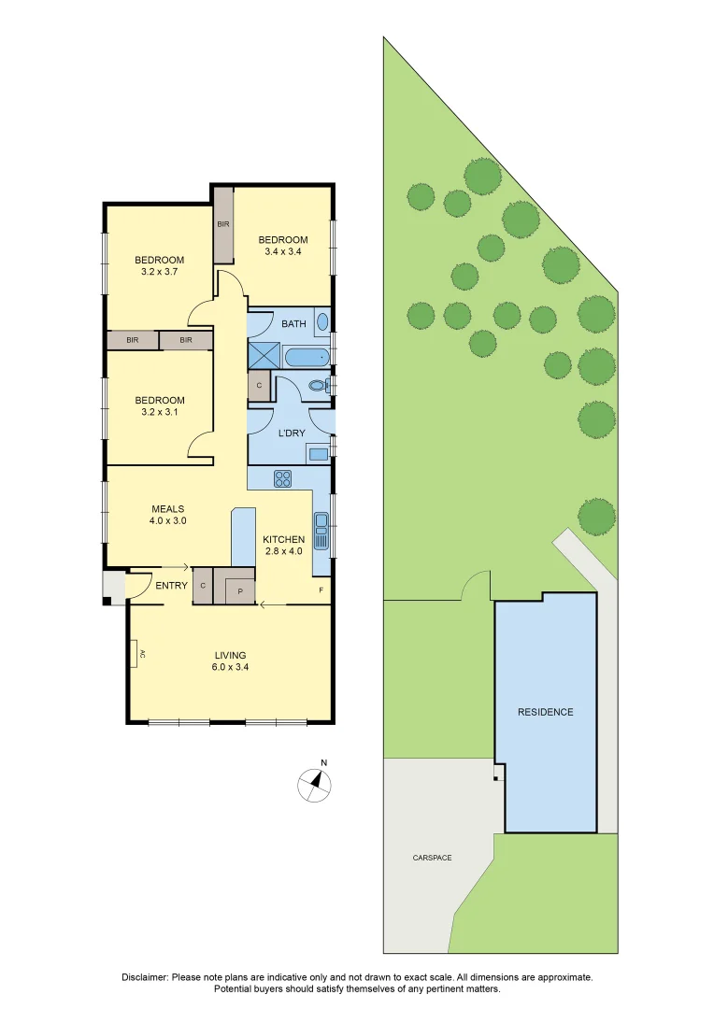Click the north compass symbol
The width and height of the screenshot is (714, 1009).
315,784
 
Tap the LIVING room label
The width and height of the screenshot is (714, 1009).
230,655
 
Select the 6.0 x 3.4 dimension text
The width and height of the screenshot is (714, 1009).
230,667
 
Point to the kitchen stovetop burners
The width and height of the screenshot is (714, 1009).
282,478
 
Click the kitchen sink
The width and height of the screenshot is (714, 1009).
321,531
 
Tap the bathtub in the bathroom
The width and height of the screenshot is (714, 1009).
305,356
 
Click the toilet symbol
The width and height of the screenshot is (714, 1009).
318,385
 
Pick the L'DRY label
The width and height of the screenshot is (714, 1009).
293,433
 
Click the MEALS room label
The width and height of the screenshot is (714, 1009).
168,509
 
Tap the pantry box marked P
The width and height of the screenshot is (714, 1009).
239,590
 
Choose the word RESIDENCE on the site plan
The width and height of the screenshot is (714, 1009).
546,712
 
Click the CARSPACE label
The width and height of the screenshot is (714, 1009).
432,857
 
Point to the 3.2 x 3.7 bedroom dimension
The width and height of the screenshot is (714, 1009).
159,272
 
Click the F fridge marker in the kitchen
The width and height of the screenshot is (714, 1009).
321,590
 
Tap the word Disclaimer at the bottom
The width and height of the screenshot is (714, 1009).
145,977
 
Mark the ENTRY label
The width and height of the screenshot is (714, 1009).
171,586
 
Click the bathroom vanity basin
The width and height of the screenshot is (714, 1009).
322,322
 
